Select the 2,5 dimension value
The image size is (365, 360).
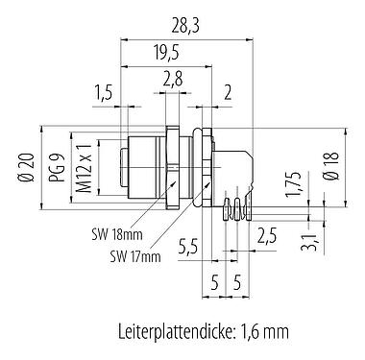tap(270, 235)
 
